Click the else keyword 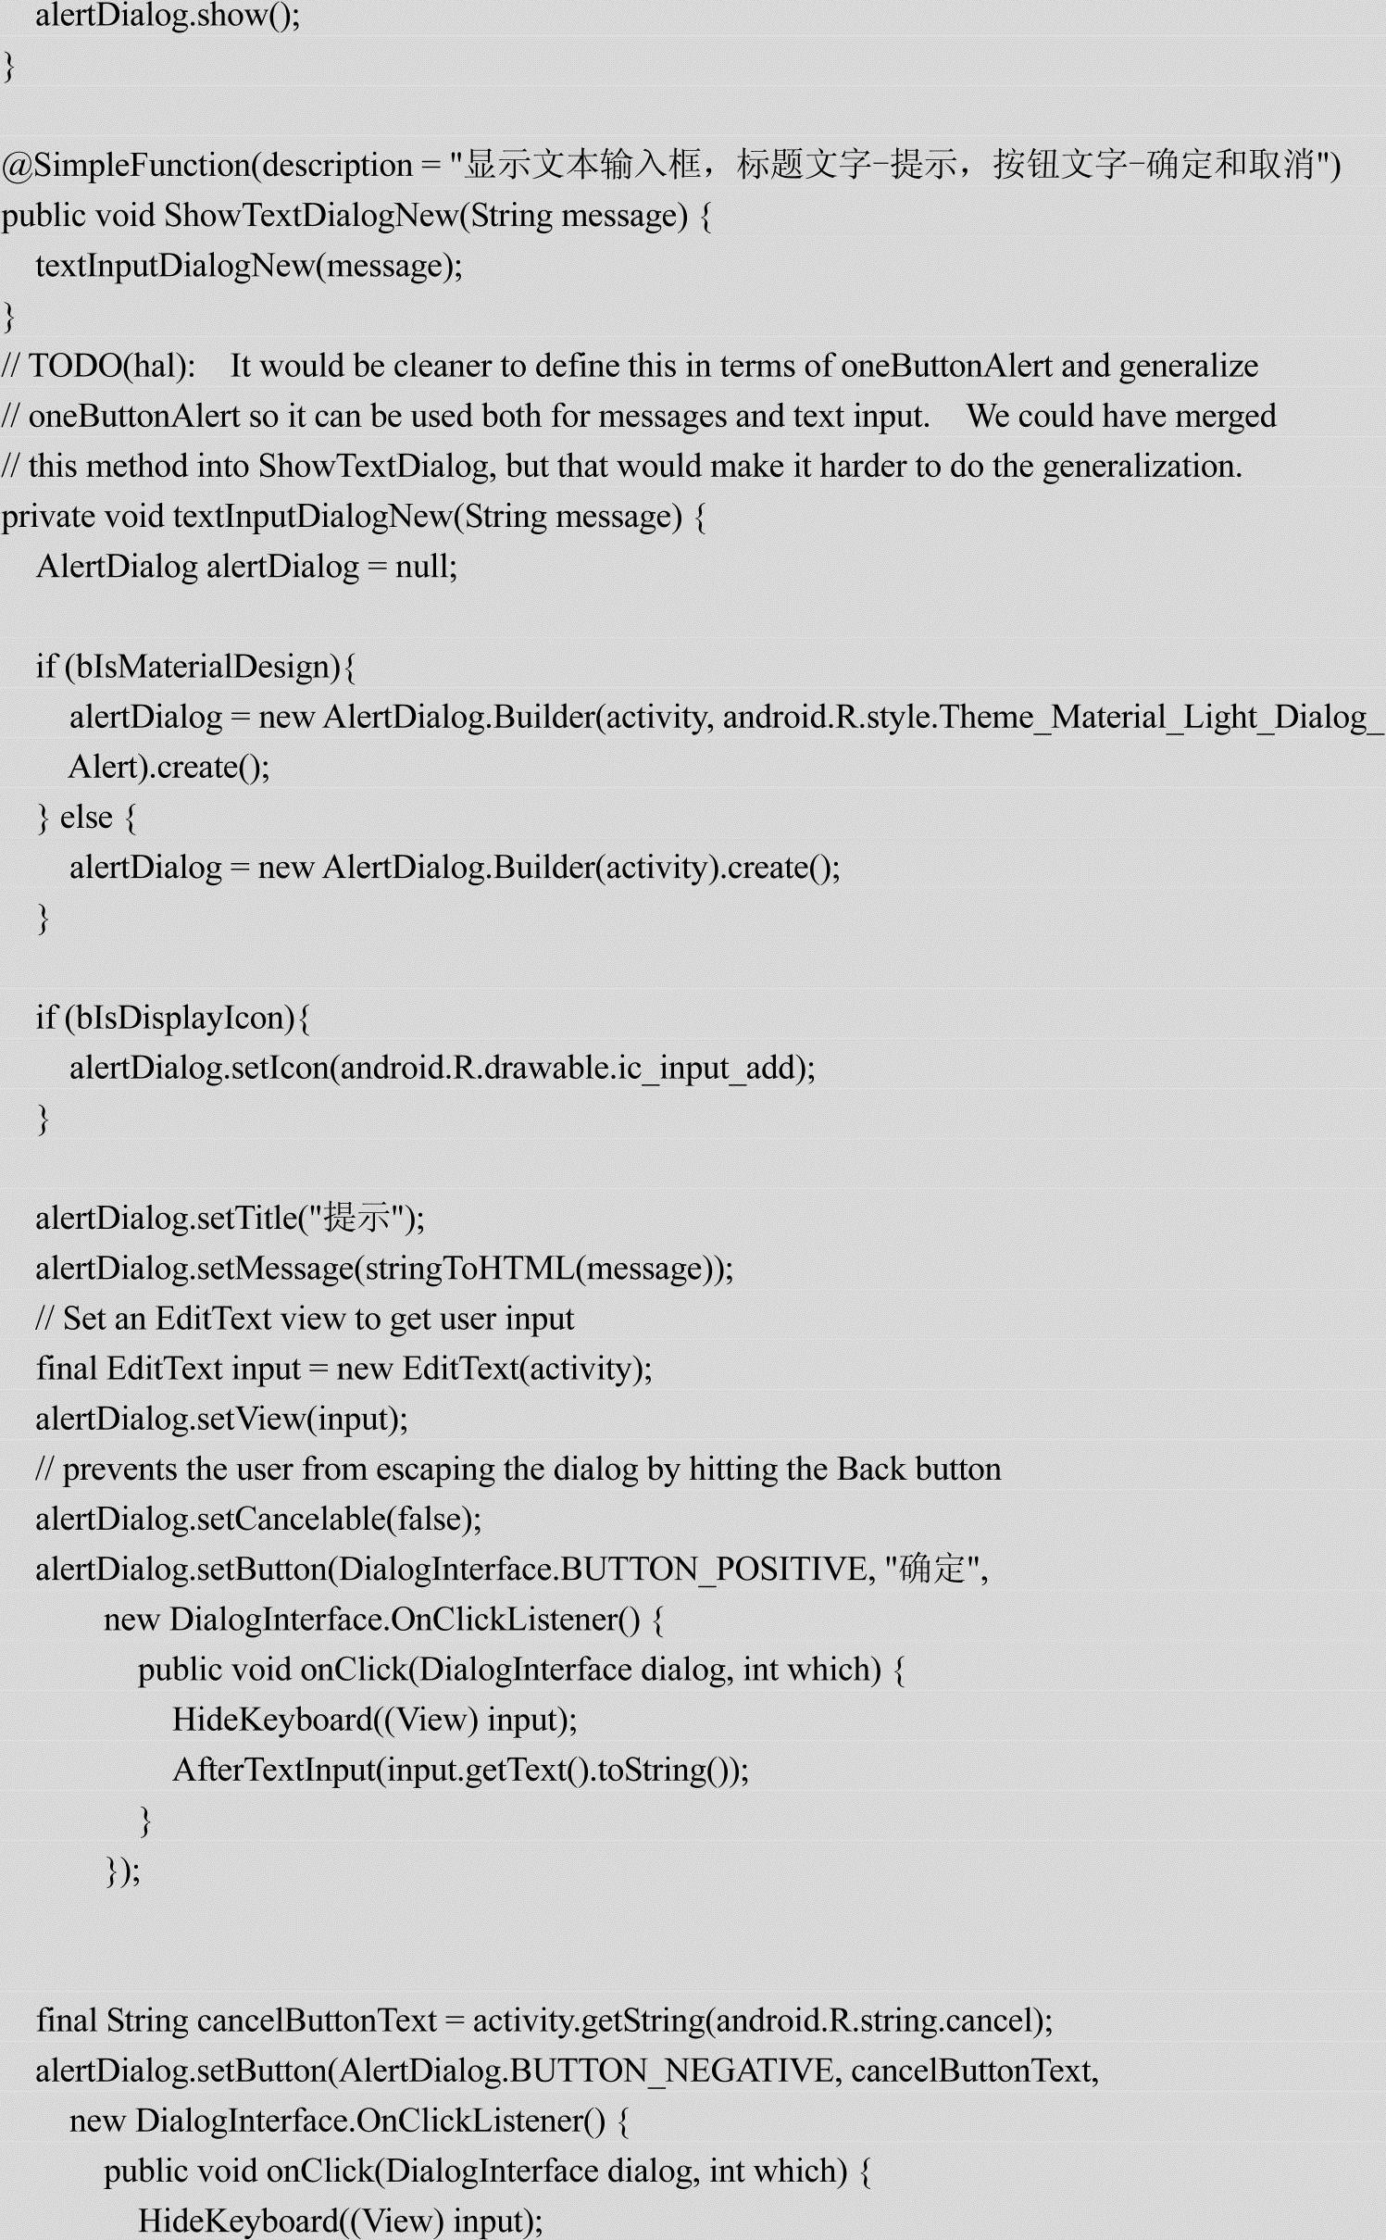click(86, 818)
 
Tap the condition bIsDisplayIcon click(184, 1018)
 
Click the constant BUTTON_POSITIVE click(713, 1570)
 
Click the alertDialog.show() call click(167, 17)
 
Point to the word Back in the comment click(871, 1469)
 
